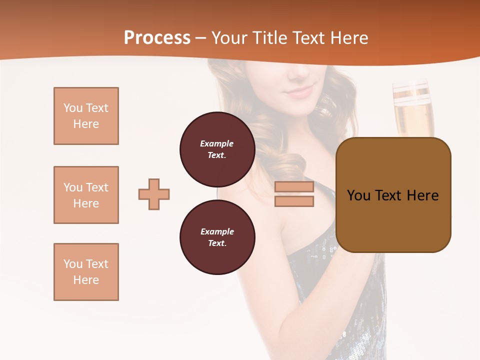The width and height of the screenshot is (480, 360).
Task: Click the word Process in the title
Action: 157,38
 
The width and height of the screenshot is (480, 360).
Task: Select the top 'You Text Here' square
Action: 86,116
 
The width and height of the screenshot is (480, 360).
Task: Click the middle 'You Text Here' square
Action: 86,195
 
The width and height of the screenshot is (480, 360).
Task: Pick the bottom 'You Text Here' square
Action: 86,272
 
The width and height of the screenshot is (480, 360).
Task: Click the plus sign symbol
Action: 154,194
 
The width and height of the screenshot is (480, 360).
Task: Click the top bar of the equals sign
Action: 294,187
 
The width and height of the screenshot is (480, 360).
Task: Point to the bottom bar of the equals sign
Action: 294,201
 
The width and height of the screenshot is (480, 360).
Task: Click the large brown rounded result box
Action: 393,195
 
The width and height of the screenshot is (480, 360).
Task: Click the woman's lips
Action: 299,92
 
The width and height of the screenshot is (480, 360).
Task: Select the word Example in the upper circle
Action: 216,143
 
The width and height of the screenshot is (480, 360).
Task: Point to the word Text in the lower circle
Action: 216,243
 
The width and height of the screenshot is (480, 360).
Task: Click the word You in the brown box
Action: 358,195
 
